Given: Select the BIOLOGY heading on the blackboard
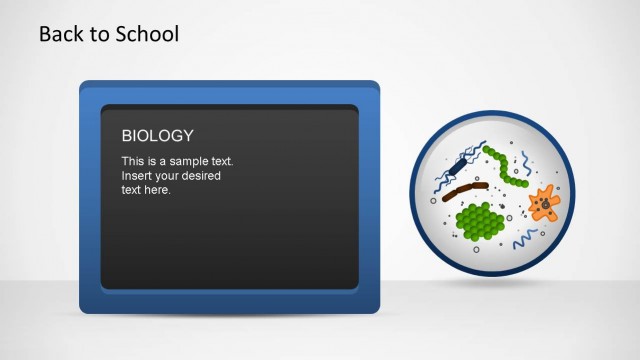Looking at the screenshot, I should (x=157, y=136).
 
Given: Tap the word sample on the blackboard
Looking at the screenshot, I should (x=187, y=161).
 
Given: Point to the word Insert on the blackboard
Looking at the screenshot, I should (x=137, y=176).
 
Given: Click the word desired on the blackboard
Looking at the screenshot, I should (x=200, y=176).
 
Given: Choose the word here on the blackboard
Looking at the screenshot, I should (x=158, y=190).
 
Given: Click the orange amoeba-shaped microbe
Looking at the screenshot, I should (x=543, y=203).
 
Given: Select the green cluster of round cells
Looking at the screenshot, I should (x=480, y=220).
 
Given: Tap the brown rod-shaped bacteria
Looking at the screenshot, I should (x=465, y=189).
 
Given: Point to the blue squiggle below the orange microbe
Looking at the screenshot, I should (x=525, y=240).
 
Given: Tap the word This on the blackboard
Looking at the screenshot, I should (x=133, y=161).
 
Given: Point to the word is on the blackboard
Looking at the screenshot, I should (x=153, y=161).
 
